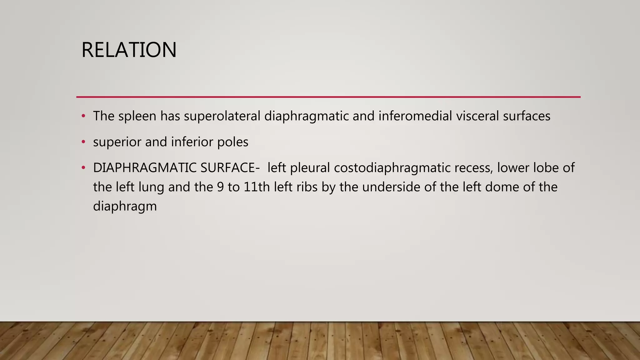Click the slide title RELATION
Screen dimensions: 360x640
click(129, 50)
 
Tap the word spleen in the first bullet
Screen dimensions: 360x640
click(137, 116)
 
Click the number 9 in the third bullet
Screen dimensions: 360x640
click(220, 187)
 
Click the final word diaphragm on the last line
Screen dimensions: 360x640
click(125, 207)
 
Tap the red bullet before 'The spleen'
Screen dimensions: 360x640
click(83, 116)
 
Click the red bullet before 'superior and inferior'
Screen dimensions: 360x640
click(83, 142)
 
